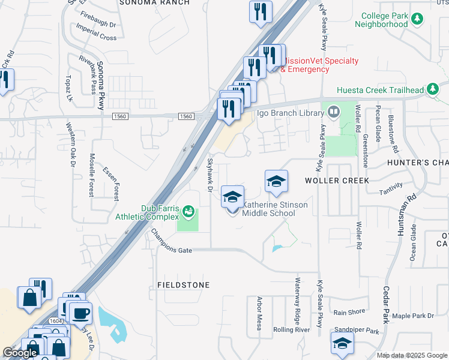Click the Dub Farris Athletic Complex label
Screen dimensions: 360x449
[x=160, y=212]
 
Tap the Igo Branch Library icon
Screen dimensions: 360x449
[x=333, y=111]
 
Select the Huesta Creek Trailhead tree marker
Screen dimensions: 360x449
[x=431, y=90]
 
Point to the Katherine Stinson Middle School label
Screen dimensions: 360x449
[x=275, y=209]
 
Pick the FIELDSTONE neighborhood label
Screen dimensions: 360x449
[x=184, y=285]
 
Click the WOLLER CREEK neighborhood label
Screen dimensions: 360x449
[x=335, y=180]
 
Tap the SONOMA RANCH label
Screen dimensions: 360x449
[x=154, y=2]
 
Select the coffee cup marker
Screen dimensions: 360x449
[x=80, y=313]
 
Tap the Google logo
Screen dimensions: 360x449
[x=20, y=353]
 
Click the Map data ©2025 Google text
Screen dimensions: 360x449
[x=412, y=355]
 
